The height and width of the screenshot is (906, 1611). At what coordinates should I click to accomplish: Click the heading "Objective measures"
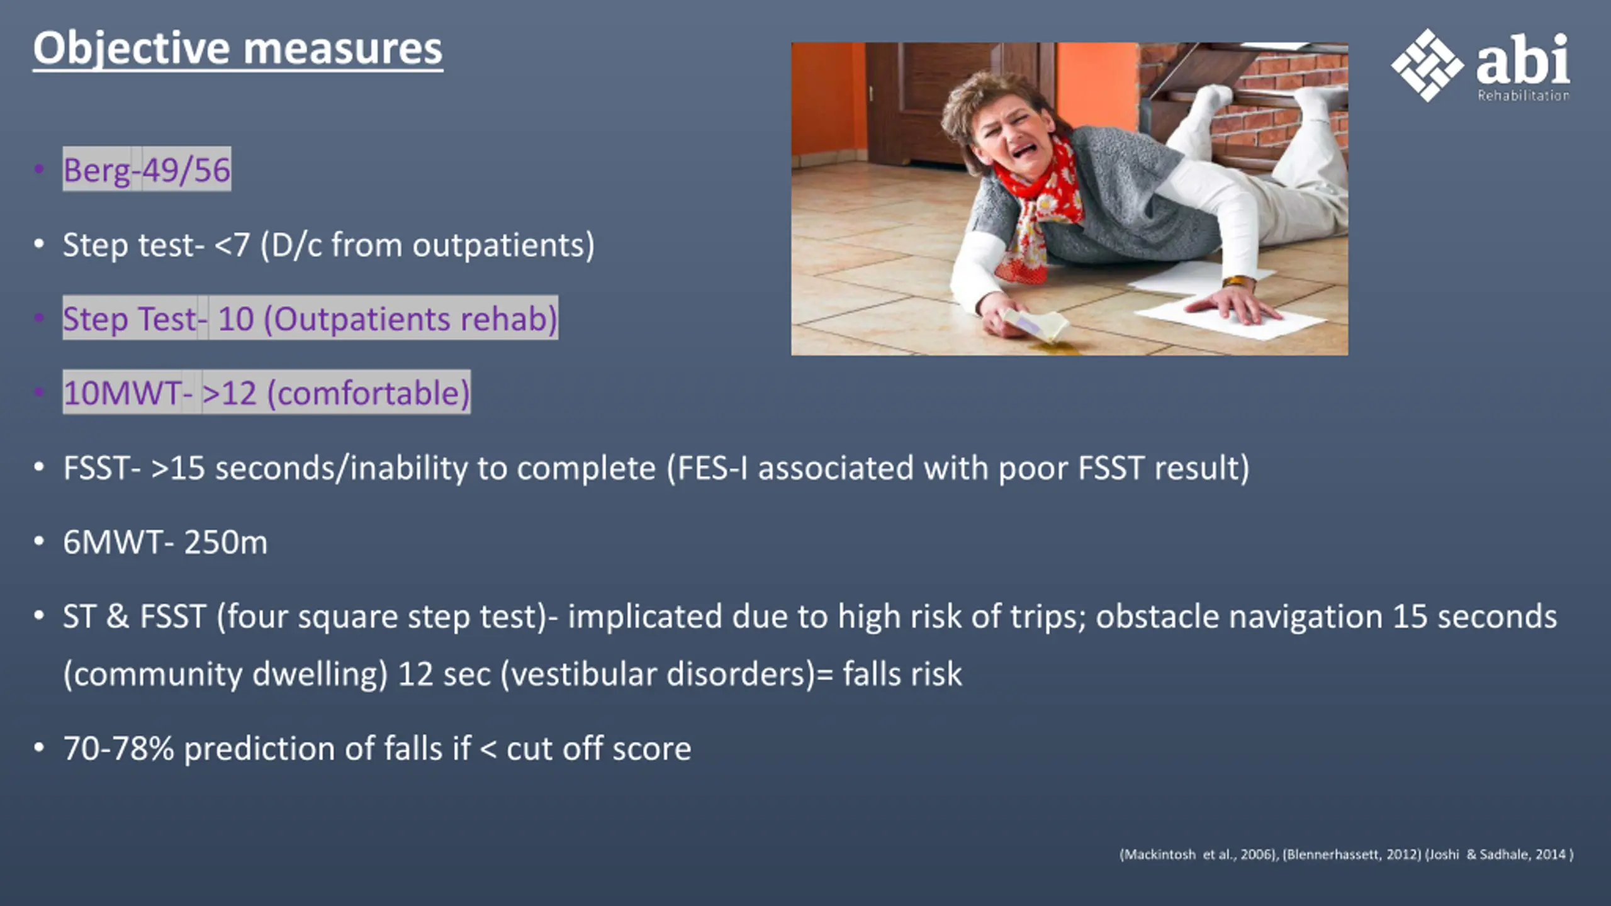click(238, 49)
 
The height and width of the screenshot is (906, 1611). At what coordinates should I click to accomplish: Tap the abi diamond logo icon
click(1427, 65)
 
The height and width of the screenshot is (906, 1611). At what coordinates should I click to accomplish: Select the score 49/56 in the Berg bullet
click(186, 170)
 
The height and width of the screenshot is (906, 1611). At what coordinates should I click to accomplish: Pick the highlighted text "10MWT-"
click(128, 393)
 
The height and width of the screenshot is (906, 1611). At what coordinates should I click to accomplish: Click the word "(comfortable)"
click(369, 393)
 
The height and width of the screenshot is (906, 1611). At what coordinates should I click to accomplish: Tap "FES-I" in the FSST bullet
click(707, 468)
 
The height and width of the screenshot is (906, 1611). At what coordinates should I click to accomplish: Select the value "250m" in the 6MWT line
click(226, 542)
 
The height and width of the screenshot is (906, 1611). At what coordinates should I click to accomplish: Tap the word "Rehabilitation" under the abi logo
click(1524, 95)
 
